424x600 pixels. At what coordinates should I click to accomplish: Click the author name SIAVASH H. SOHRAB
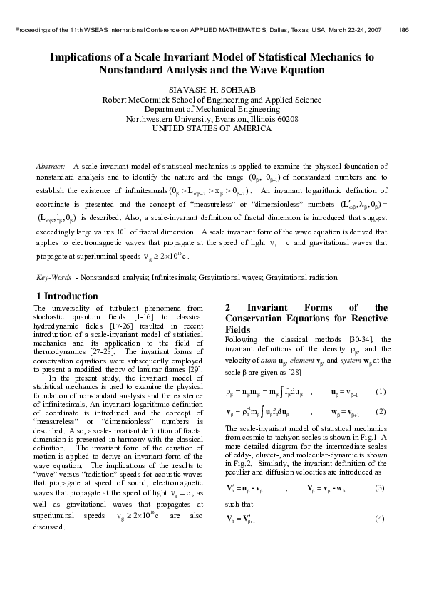(x=212, y=90)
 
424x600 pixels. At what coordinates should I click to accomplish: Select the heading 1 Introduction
(x=67, y=296)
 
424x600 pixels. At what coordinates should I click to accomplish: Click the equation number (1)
(x=381, y=392)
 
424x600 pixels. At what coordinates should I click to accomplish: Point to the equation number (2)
(x=381, y=412)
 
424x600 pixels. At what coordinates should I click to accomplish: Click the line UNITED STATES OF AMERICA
(x=212, y=129)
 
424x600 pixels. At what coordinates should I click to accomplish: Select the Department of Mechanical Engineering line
(x=212, y=110)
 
